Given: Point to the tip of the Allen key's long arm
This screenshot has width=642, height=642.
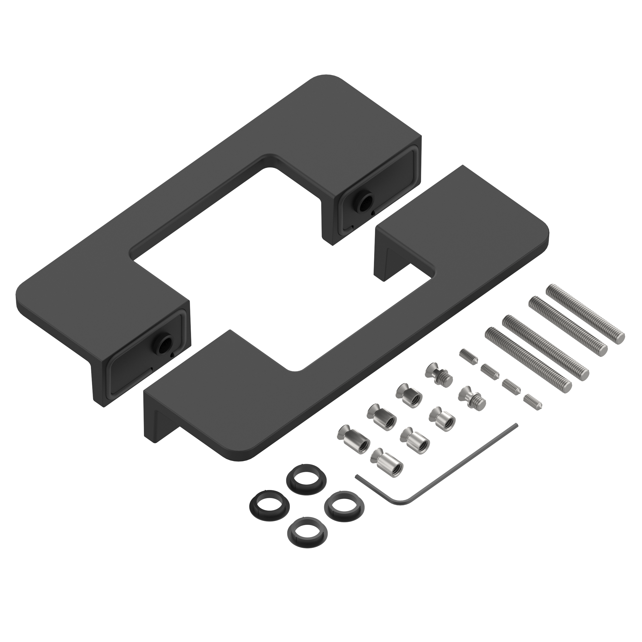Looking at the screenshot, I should [x=516, y=425].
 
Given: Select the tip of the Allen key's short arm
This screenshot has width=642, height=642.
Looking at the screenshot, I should [x=357, y=476].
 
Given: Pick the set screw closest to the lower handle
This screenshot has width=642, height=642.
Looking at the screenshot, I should [x=469, y=356].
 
